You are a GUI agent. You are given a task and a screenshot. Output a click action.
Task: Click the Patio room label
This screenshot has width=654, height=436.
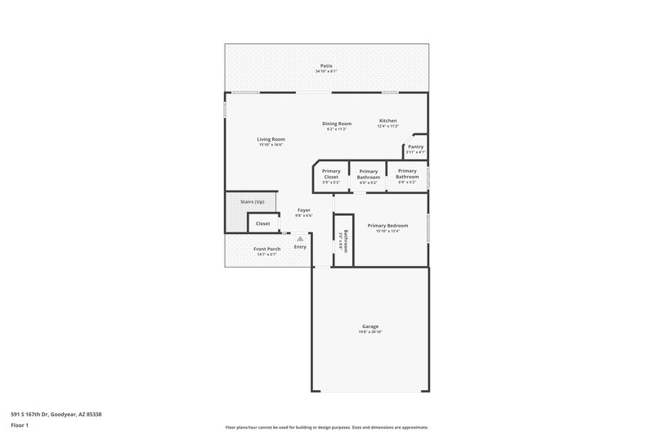coord(325,65)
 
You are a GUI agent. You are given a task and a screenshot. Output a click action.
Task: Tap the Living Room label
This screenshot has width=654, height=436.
coord(271,139)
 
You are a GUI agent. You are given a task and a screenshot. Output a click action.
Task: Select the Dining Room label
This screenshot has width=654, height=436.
coord(337,124)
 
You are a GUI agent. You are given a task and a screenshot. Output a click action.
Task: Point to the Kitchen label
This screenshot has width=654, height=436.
coord(387,120)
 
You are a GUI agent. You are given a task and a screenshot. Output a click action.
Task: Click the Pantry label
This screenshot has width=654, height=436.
coord(415,146)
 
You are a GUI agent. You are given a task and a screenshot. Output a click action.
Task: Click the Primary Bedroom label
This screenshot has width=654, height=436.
coord(387,225)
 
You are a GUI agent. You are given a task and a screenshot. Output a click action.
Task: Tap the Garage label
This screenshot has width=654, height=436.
coord(370,326)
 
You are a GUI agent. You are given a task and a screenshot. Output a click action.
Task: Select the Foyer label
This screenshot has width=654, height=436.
coord(303,210)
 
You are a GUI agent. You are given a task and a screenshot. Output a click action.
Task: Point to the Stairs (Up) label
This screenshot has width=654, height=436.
coord(252,201)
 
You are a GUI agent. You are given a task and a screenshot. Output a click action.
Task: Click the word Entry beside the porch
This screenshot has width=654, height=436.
coord(300,247)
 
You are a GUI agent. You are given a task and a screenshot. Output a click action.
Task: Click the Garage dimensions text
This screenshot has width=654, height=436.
coord(370,332)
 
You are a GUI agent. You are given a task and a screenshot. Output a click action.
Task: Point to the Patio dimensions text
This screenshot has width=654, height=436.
coord(325,72)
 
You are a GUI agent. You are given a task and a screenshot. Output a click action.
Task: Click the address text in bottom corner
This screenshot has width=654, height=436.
coord(56,414)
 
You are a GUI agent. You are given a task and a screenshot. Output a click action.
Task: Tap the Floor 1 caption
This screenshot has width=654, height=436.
coord(20,426)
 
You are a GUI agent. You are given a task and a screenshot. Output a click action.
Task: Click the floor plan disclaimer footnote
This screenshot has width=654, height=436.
coord(326,427)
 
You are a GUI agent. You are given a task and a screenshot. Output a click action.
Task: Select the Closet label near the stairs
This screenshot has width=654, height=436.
coord(262,223)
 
